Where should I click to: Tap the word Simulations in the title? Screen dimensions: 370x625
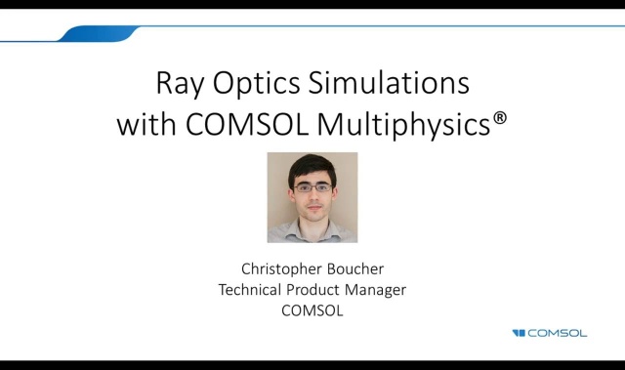point(393,82)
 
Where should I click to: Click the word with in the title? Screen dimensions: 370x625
point(145,125)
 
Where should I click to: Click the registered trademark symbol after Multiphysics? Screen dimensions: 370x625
point(500,119)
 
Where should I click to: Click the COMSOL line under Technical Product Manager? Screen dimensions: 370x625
point(312,311)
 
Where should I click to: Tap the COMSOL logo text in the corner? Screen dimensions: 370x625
point(558,333)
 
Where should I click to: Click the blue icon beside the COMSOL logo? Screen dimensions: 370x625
point(519,333)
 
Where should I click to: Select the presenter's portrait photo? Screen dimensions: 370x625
point(312,197)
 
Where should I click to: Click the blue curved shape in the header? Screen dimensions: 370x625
point(98,33)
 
